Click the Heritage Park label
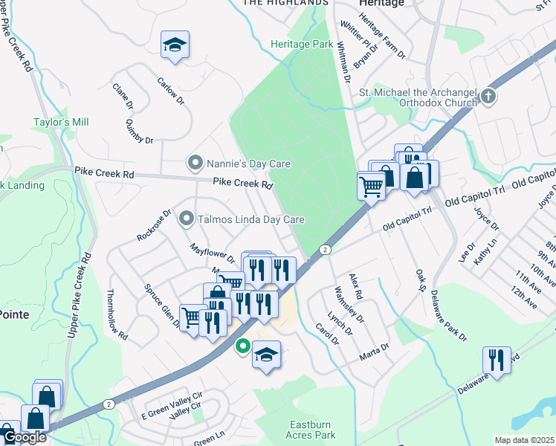302,45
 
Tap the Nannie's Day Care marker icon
195,163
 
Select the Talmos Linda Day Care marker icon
187,219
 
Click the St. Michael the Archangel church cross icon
488,96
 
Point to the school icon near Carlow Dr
175,46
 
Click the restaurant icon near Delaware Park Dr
496,360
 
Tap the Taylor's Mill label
61,122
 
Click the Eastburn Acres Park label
294,431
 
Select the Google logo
24,437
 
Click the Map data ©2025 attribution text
523,440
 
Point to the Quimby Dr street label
139,131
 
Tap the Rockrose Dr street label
154,225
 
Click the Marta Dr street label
375,349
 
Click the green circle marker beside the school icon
242,346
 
